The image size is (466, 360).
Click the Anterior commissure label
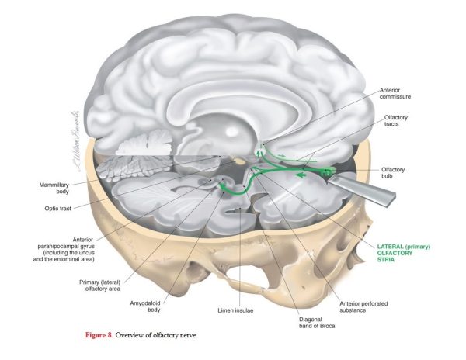coord(395,93)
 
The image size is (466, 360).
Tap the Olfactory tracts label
coord(395,120)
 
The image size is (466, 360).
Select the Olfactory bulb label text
coord(393,173)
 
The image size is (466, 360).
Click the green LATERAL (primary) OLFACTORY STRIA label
coord(404,253)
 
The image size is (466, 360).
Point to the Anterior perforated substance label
coord(363,307)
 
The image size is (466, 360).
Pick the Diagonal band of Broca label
coord(317,323)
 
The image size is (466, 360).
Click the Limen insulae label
coord(235,310)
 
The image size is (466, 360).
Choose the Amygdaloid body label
coord(145,306)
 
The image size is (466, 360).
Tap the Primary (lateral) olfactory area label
coord(100,286)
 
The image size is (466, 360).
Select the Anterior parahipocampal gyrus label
coord(64,249)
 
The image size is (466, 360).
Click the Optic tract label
coord(58,209)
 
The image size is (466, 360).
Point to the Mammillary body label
coord(54,188)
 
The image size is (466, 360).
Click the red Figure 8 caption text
coord(99,335)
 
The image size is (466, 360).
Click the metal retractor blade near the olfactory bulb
coord(362,189)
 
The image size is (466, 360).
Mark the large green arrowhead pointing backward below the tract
coord(301,175)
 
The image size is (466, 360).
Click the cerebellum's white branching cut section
coord(146,144)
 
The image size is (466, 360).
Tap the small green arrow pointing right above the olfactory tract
coord(281,155)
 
